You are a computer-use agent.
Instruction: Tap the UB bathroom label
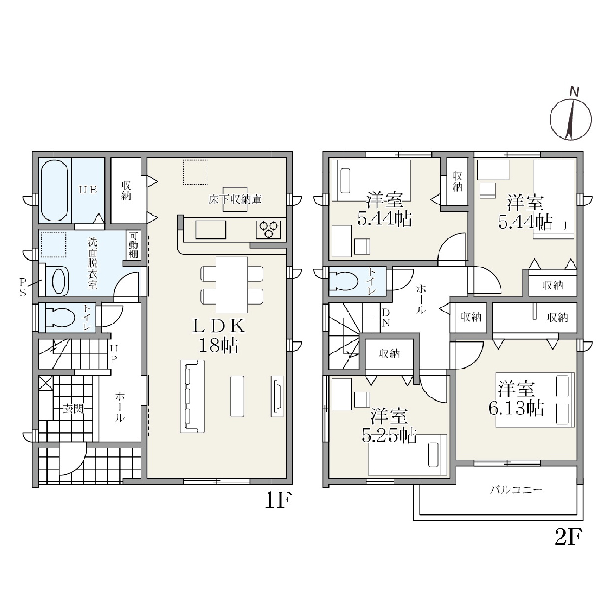tap(88, 190)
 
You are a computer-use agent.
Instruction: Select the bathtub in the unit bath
tap(54, 191)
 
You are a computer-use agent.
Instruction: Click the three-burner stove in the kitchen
tap(268, 229)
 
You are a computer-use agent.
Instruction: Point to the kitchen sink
tap(211, 229)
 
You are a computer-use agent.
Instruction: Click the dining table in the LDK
tap(231, 285)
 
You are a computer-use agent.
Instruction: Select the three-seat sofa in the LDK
tap(192, 396)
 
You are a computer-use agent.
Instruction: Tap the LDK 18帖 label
tap(219, 335)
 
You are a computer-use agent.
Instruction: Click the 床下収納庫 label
tap(235, 200)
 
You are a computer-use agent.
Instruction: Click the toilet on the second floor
tap(343, 281)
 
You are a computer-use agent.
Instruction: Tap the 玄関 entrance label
tap(73, 409)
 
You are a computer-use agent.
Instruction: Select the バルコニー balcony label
tap(516, 489)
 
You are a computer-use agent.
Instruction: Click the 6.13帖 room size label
tap(516, 408)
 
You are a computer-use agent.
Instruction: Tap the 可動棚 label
tap(133, 245)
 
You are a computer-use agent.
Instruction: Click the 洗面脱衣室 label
tap(93, 263)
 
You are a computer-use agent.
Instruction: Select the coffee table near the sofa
tap(237, 397)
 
